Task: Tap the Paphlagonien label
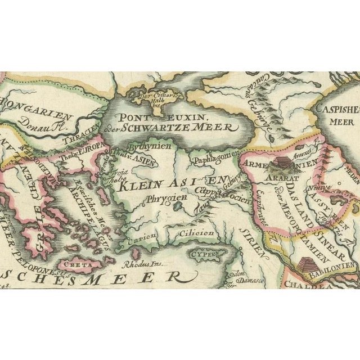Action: click(213, 160)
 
